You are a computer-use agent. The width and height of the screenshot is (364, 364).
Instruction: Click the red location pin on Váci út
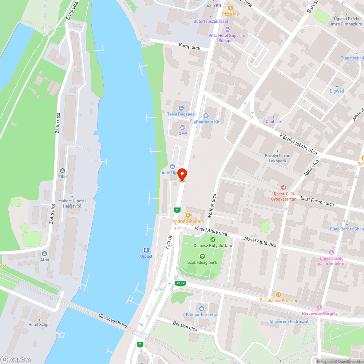click(182, 174)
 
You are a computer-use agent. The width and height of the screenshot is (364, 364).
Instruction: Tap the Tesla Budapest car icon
click(181, 108)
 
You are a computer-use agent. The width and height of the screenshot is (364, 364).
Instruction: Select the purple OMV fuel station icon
click(183, 127)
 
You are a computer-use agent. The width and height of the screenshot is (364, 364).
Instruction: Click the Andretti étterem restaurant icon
click(188, 215)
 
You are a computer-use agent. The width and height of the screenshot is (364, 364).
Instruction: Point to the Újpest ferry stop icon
click(146, 250)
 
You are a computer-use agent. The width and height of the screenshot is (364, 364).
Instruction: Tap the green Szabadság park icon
click(203, 256)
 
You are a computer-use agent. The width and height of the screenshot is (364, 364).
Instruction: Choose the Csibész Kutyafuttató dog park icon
click(213, 239)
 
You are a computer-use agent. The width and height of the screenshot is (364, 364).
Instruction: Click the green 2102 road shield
click(180, 283)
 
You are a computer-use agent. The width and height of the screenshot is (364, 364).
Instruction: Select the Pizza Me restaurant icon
click(230, 8)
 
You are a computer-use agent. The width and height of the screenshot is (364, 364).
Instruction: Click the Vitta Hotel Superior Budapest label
click(227, 38)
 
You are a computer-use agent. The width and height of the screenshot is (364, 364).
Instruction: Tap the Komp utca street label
click(189, 47)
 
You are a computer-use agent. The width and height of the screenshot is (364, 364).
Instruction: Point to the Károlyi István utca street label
click(298, 144)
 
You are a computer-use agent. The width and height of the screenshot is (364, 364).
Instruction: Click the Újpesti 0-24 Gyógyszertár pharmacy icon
click(284, 187)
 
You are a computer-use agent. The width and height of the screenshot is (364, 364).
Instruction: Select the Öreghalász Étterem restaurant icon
click(278, 294)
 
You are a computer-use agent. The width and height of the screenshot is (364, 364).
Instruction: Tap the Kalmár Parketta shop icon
click(202, 308)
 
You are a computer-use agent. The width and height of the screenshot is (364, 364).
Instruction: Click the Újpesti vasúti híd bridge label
click(113, 320)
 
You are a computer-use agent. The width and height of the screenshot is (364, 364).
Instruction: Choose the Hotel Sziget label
click(40, 324)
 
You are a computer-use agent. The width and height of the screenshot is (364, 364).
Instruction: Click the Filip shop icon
click(63, 171)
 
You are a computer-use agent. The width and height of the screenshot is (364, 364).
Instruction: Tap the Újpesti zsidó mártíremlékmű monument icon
click(331, 252)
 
